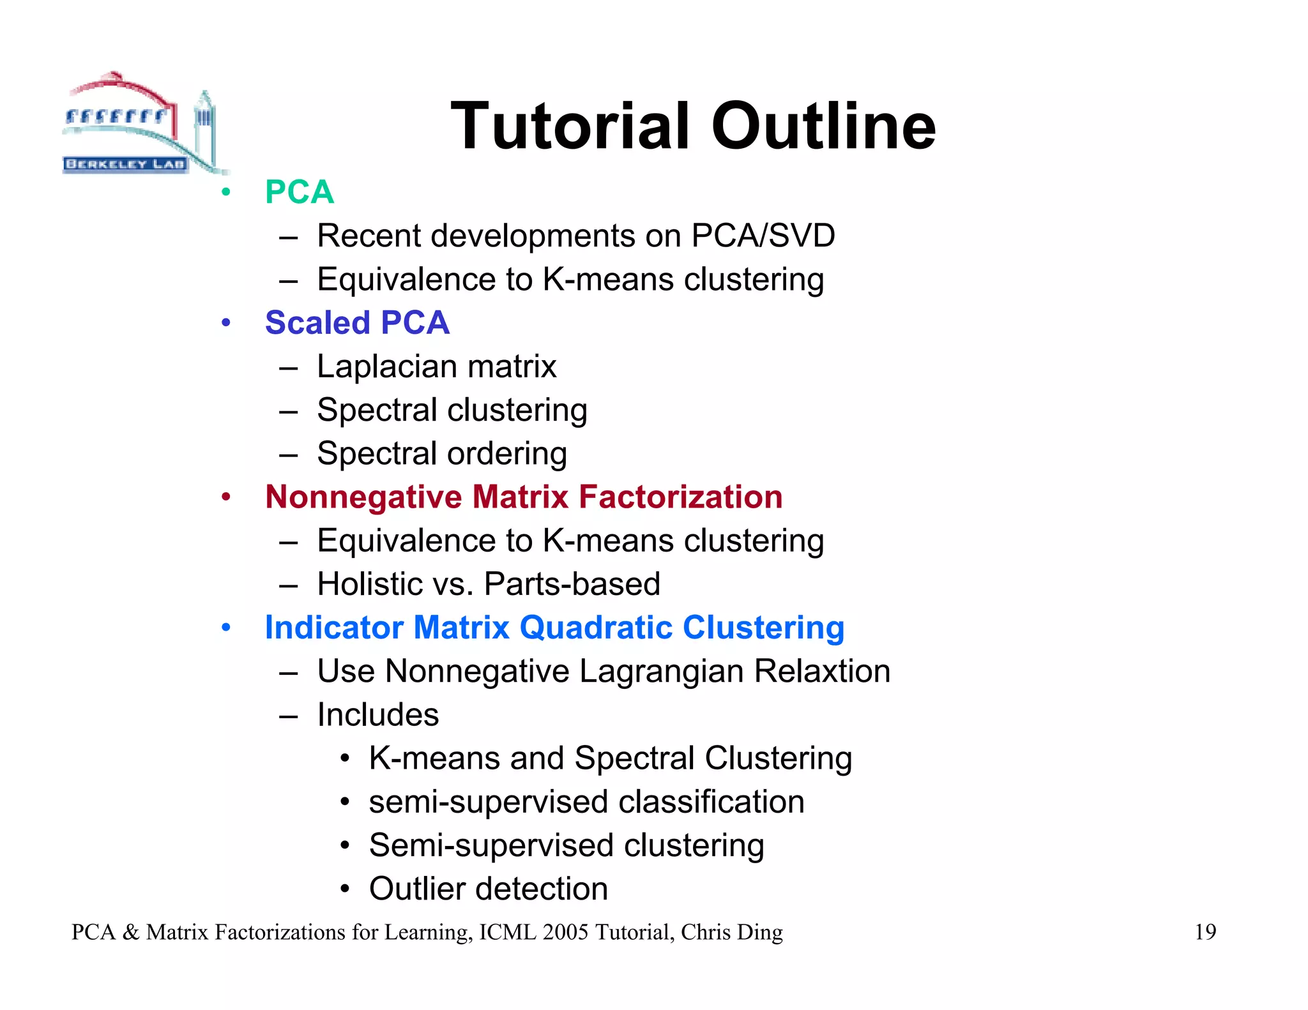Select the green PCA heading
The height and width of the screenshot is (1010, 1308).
(x=299, y=192)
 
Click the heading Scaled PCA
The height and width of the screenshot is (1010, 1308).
(x=357, y=322)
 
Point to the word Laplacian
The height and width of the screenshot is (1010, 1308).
(x=386, y=366)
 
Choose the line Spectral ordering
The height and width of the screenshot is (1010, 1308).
(x=441, y=454)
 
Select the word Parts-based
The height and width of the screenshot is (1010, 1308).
(x=572, y=584)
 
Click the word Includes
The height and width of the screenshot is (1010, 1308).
(x=377, y=715)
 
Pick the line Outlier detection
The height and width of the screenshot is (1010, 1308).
(x=488, y=889)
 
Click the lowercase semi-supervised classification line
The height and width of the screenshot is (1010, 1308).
(x=586, y=802)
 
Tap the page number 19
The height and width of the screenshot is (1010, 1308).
(x=1205, y=932)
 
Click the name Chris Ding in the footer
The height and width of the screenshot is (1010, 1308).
(x=731, y=932)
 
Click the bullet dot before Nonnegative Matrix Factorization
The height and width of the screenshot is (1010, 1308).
(x=225, y=497)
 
